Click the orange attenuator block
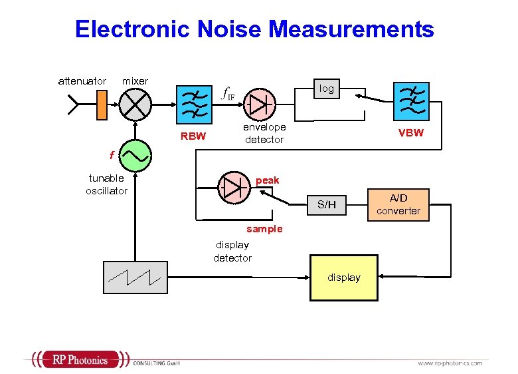[x=102, y=104]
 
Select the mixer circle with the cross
[x=135, y=104]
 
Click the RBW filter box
[x=195, y=104]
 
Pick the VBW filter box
[x=412, y=101]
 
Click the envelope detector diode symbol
[x=260, y=104]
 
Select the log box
[x=327, y=89]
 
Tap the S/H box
[x=327, y=204]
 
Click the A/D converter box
[x=398, y=204]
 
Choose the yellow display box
[x=344, y=278]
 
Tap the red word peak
[x=268, y=180]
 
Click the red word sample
[x=264, y=229]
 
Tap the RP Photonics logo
[x=78, y=360]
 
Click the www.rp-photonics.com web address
[x=450, y=363]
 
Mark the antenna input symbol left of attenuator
[x=73, y=104]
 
